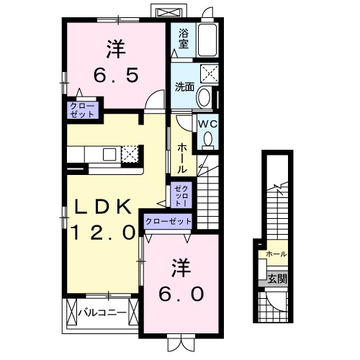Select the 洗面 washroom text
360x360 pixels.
tap(184, 87)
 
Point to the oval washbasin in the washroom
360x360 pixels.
tap(204, 97)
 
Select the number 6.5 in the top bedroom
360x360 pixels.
tap(115, 74)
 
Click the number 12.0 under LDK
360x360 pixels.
tap(104, 232)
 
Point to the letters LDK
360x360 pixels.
tap(104, 207)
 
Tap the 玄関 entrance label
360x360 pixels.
tap(276, 279)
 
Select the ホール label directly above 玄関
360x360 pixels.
tap(276, 254)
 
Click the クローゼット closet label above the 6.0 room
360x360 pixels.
tap(168, 222)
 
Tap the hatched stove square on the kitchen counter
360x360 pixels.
tap(130, 154)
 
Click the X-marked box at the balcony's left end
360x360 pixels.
tap(71, 312)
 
